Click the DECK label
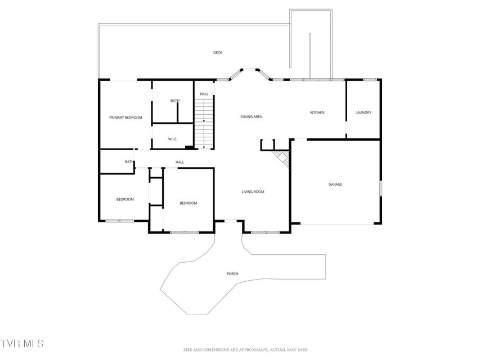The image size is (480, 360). pos(218,53)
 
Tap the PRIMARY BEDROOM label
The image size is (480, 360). pos(125,118)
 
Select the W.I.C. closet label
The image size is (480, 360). pos(173,139)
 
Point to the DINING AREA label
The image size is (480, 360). pos(251,116)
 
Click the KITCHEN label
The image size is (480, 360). pos(317,112)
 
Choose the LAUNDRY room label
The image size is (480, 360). pos(364,112)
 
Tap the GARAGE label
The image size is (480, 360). pos(335,184)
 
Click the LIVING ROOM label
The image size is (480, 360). pos(253,192)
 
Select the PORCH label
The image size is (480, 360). pos(232,274)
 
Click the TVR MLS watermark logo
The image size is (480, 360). pos(22,343)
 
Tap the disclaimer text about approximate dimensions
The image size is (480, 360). pos(245,349)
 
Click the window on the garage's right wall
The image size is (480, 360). pos(381,188)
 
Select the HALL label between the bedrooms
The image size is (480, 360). pos(180,162)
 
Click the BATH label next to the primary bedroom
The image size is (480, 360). pos(175,101)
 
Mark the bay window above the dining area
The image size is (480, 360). pos(250,74)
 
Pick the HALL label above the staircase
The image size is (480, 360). pos(204,94)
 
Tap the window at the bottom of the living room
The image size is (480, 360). pos(265,233)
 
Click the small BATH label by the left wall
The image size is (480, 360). pos(129,161)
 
